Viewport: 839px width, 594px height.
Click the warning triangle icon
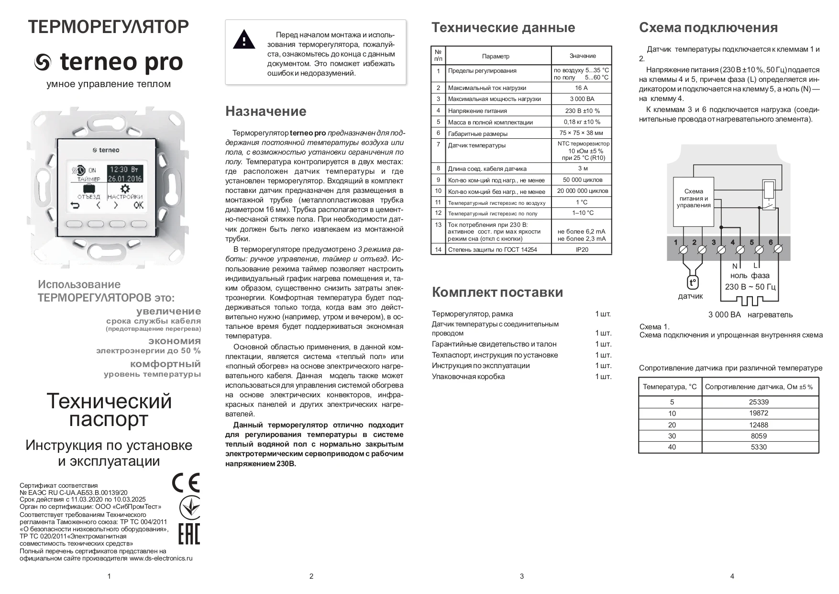[x=244, y=40]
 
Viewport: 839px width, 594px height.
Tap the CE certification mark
[x=186, y=482]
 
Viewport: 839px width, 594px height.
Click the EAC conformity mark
[x=188, y=534]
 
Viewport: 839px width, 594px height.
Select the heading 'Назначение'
[x=265, y=112]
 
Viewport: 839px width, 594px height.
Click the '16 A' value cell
[x=581, y=88]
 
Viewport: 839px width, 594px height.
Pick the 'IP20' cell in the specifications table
[x=582, y=249]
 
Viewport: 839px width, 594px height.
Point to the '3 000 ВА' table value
[x=582, y=99]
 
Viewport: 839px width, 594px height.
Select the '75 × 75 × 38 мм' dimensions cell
[x=581, y=133]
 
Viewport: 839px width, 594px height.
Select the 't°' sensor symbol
[x=692, y=283]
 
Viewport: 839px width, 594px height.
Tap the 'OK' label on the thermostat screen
[x=138, y=206]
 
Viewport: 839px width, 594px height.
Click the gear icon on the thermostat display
[x=125, y=188]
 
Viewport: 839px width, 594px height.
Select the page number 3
[x=521, y=576]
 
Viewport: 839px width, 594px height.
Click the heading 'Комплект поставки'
[x=497, y=292]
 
